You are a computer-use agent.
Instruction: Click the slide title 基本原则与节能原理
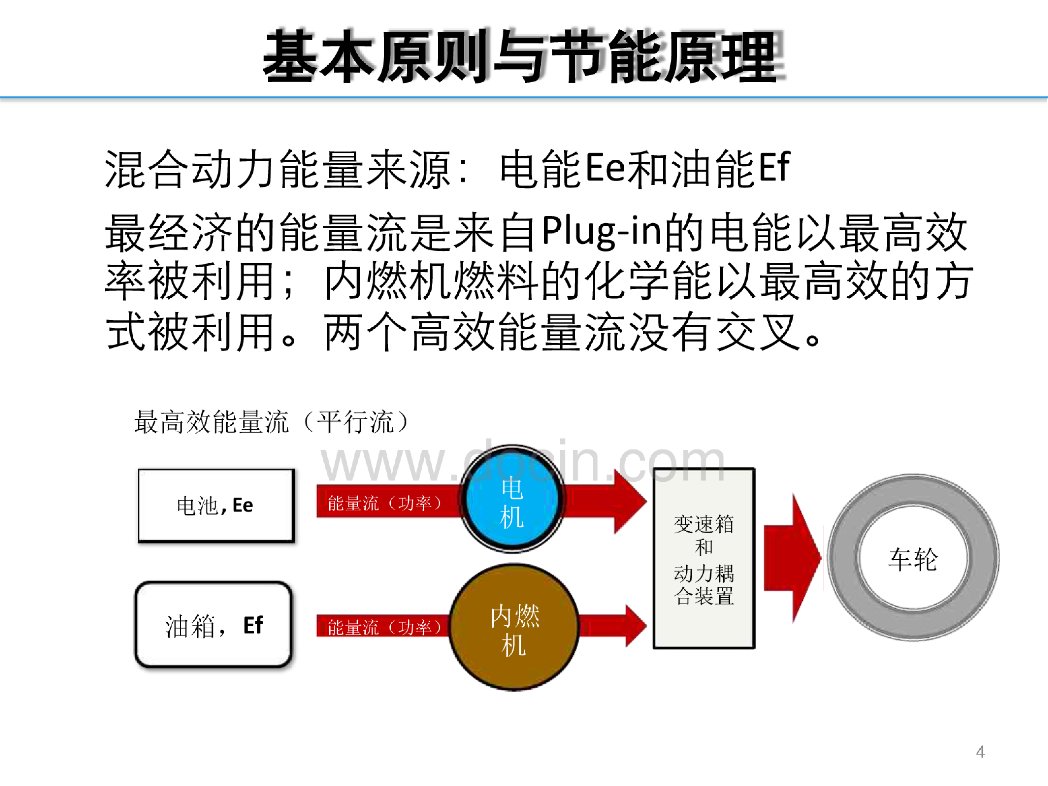pyautogui.click(x=523, y=56)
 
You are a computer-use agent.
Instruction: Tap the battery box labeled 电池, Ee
pyautogui.click(x=216, y=505)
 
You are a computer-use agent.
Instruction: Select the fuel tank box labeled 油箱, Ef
pyautogui.click(x=213, y=625)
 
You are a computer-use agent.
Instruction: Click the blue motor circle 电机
pyautogui.click(x=512, y=499)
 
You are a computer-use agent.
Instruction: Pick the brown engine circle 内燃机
pyautogui.click(x=514, y=627)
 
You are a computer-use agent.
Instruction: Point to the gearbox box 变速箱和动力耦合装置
pyautogui.click(x=704, y=558)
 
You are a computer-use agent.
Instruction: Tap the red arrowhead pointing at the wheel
pyautogui.click(x=805, y=558)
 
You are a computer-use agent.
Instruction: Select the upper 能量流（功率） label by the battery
pyautogui.click(x=384, y=503)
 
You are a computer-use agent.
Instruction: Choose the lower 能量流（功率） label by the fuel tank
pyautogui.click(x=384, y=627)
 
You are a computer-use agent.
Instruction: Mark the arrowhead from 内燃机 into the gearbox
pyautogui.click(x=636, y=625)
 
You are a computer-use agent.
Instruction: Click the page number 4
pyautogui.click(x=980, y=752)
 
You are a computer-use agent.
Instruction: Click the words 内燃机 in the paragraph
pyautogui.click(x=389, y=281)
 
